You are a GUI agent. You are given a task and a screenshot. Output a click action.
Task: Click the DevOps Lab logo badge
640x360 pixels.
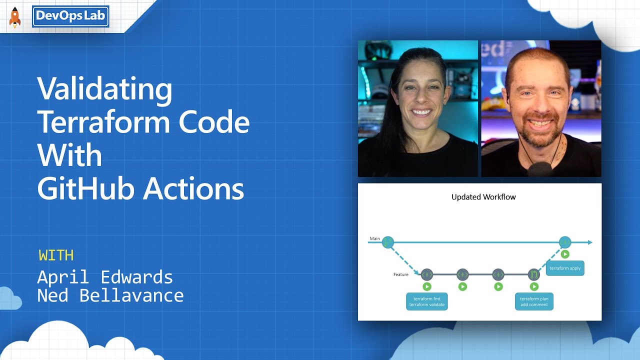pos(70,16)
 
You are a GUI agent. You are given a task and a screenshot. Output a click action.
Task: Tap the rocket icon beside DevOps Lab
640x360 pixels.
pos(15,17)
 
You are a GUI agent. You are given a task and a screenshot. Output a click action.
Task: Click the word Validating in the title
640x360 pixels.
pos(105,89)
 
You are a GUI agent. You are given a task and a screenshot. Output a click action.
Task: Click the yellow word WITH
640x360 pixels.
pos(56,255)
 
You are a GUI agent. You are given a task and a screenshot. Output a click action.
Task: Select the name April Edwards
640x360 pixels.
pos(105,277)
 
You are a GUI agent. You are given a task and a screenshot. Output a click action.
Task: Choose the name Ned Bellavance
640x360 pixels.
pos(110,295)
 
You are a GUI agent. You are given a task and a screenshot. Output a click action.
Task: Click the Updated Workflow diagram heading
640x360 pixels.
pos(483,197)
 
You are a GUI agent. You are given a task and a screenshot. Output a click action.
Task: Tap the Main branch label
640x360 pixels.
pos(374,239)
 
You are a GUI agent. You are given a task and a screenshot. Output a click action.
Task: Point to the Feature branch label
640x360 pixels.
pos(400,274)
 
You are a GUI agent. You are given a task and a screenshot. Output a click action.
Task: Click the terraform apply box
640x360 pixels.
pos(565,268)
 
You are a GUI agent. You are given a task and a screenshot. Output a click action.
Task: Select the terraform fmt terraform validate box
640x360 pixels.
pos(426,301)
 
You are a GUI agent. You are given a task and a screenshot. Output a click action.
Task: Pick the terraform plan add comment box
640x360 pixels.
pos(534,301)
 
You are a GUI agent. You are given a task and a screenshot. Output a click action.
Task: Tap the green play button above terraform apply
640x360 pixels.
pos(565,254)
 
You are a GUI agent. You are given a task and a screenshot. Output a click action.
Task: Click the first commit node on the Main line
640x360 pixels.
pos(388,242)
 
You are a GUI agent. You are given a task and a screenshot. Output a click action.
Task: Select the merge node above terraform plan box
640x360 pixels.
pos(534,274)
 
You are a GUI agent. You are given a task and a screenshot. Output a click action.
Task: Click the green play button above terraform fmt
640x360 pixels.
pos(426,286)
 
